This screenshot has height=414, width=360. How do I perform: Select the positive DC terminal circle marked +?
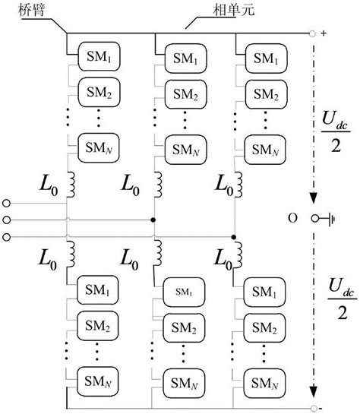[x=312, y=34]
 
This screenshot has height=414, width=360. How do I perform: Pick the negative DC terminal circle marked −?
[x=312, y=408]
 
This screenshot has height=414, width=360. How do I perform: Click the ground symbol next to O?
[x=331, y=219]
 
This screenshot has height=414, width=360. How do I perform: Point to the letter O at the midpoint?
[x=292, y=219]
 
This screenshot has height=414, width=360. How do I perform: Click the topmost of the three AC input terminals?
[x=8, y=203]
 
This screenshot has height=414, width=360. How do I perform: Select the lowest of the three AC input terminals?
[x=8, y=236]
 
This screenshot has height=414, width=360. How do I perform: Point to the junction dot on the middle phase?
[x=155, y=220]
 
